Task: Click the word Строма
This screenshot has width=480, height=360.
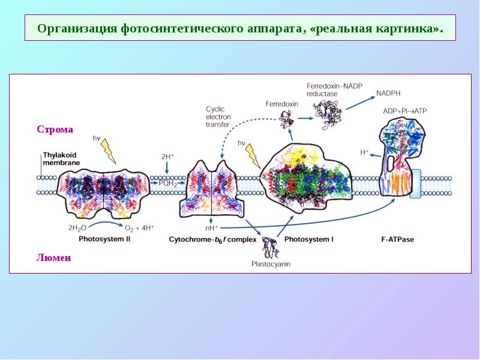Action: point(55,130)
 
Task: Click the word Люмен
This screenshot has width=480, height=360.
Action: point(54,257)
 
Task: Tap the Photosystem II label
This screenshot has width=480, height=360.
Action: point(104,239)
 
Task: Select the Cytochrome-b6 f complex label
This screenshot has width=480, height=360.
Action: point(212,239)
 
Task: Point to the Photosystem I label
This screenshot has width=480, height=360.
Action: point(309,239)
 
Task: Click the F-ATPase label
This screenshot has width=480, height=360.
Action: point(397,239)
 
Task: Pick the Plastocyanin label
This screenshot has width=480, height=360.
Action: point(271,264)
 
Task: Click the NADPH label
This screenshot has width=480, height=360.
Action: point(388,93)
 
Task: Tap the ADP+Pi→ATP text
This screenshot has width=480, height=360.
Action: point(404,111)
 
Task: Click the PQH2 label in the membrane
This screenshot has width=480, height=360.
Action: point(168,184)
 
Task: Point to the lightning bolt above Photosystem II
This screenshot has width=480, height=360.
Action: point(109,151)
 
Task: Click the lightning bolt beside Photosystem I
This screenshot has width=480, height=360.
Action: point(253,156)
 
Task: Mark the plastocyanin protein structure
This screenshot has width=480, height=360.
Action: point(271,247)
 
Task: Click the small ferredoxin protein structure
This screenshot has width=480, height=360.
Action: point(287,119)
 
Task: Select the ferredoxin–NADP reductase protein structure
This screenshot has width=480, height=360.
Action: point(328,115)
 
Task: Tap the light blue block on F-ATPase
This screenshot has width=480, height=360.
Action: point(415,184)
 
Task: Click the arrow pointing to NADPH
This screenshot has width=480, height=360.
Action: point(361,103)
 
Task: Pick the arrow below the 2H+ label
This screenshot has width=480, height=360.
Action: point(167,169)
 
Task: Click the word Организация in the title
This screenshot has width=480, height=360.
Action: point(77,28)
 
